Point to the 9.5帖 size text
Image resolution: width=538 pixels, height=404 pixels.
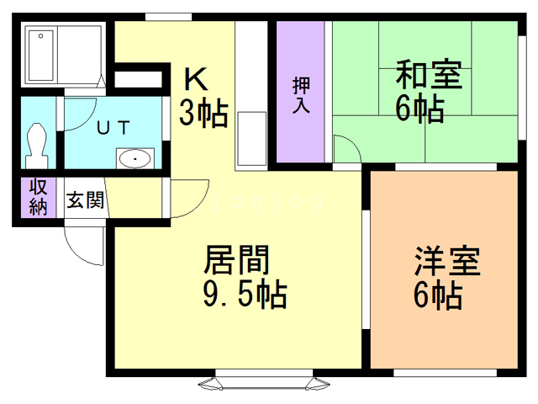click(245, 295)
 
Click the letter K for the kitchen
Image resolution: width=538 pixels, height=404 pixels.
click(195, 79)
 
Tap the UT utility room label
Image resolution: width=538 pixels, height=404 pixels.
click(111, 128)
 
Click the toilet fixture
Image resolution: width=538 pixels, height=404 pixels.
click(36, 143)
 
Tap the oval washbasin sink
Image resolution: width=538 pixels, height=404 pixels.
click(134, 157)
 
